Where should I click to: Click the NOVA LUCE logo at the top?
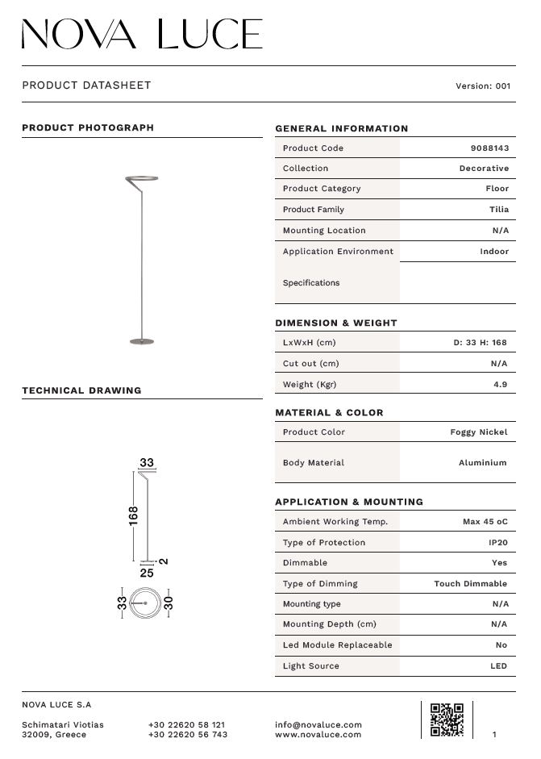tap(142, 35)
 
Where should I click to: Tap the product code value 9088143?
tap(489, 148)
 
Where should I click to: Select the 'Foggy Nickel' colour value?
tap(478, 432)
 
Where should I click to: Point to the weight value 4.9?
tap(500, 385)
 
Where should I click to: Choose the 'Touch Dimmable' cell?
tap(471, 584)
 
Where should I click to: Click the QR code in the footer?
tap(447, 719)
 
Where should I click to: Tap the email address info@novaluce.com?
tap(318, 725)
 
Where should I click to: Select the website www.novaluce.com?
tap(318, 735)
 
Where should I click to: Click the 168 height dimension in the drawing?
tap(134, 515)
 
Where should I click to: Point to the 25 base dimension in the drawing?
tap(147, 573)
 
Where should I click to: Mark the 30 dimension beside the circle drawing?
tap(169, 603)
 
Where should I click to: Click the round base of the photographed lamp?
tap(141, 341)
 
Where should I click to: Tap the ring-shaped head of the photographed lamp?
tap(142, 178)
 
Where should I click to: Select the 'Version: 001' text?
tap(483, 86)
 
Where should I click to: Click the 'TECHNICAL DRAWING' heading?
tap(81, 390)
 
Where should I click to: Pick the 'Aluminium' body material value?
tap(482, 463)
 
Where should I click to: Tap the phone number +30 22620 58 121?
tap(186, 725)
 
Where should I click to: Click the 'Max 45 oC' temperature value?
tap(485, 522)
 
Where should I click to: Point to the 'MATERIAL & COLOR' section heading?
tap(329, 413)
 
